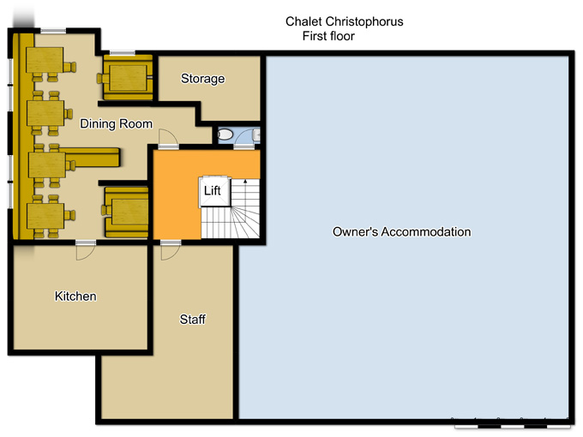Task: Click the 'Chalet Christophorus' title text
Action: point(345,22)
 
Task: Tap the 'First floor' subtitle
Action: point(328,36)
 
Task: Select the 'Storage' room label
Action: point(202,79)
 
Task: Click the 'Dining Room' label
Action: point(116,123)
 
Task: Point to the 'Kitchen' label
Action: point(75,296)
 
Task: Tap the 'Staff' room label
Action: point(193,320)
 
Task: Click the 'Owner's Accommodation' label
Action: point(401,232)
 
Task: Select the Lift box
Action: point(215,191)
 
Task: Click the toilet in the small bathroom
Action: point(225,135)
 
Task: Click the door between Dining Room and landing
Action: point(168,139)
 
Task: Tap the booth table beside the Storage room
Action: point(128,78)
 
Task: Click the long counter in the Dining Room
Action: point(90,157)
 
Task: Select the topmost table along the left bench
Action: point(45,60)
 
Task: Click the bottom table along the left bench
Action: point(45,216)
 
